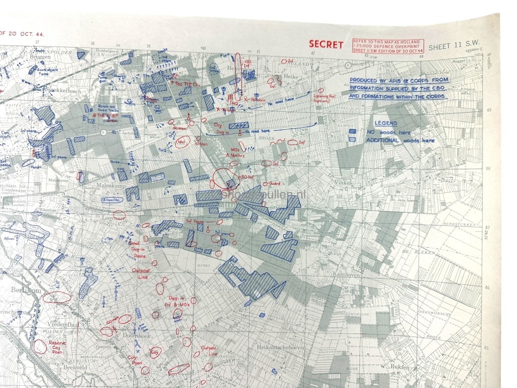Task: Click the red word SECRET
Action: pos(326,44)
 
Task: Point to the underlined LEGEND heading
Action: pos(385,123)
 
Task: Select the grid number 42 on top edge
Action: pos(313,53)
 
